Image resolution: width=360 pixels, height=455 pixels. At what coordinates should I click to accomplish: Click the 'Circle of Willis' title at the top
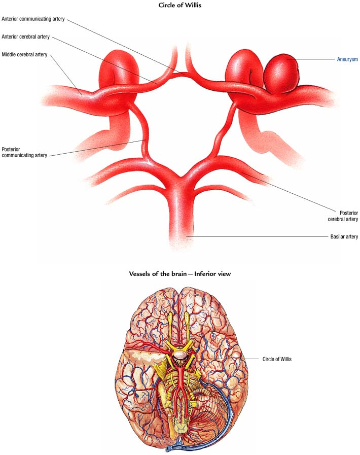coord(180,5)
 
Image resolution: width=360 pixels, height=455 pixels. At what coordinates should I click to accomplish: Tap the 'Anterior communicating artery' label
coord(33,19)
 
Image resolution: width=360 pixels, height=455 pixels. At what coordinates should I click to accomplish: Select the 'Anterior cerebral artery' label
coord(25,37)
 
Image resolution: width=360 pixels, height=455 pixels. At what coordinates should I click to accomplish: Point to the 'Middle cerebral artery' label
coord(24,55)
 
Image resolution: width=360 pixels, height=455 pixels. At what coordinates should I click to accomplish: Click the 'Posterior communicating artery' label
coord(24,152)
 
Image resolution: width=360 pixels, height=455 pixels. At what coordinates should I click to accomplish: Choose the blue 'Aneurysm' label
coord(347,59)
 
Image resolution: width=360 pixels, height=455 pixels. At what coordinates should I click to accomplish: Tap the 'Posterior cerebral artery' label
coord(343,216)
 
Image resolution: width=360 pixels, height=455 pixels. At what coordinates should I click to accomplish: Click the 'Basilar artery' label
coord(344,237)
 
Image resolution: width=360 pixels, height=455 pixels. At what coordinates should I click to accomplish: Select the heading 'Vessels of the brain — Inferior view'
coord(180,273)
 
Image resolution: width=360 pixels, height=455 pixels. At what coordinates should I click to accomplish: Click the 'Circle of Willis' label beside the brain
coord(277,359)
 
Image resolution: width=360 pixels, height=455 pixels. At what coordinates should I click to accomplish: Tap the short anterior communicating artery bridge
coord(180,74)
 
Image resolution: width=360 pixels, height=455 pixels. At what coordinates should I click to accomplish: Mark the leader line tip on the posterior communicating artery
coord(146,141)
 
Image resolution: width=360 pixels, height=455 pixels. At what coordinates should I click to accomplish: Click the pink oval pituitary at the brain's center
coord(180,354)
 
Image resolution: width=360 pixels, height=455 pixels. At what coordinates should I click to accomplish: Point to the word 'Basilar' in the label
coord(337,237)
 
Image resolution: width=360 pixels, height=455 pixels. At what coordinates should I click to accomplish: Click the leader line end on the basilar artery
coord(187,236)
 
